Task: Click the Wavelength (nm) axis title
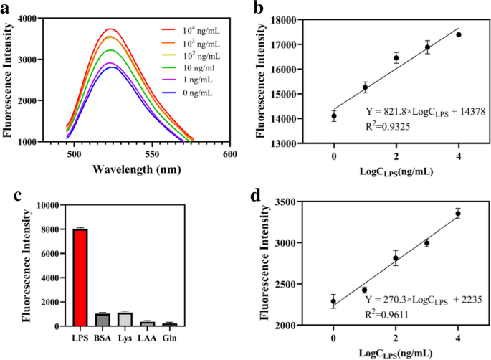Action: (141, 170)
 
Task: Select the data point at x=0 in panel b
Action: (333, 115)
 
